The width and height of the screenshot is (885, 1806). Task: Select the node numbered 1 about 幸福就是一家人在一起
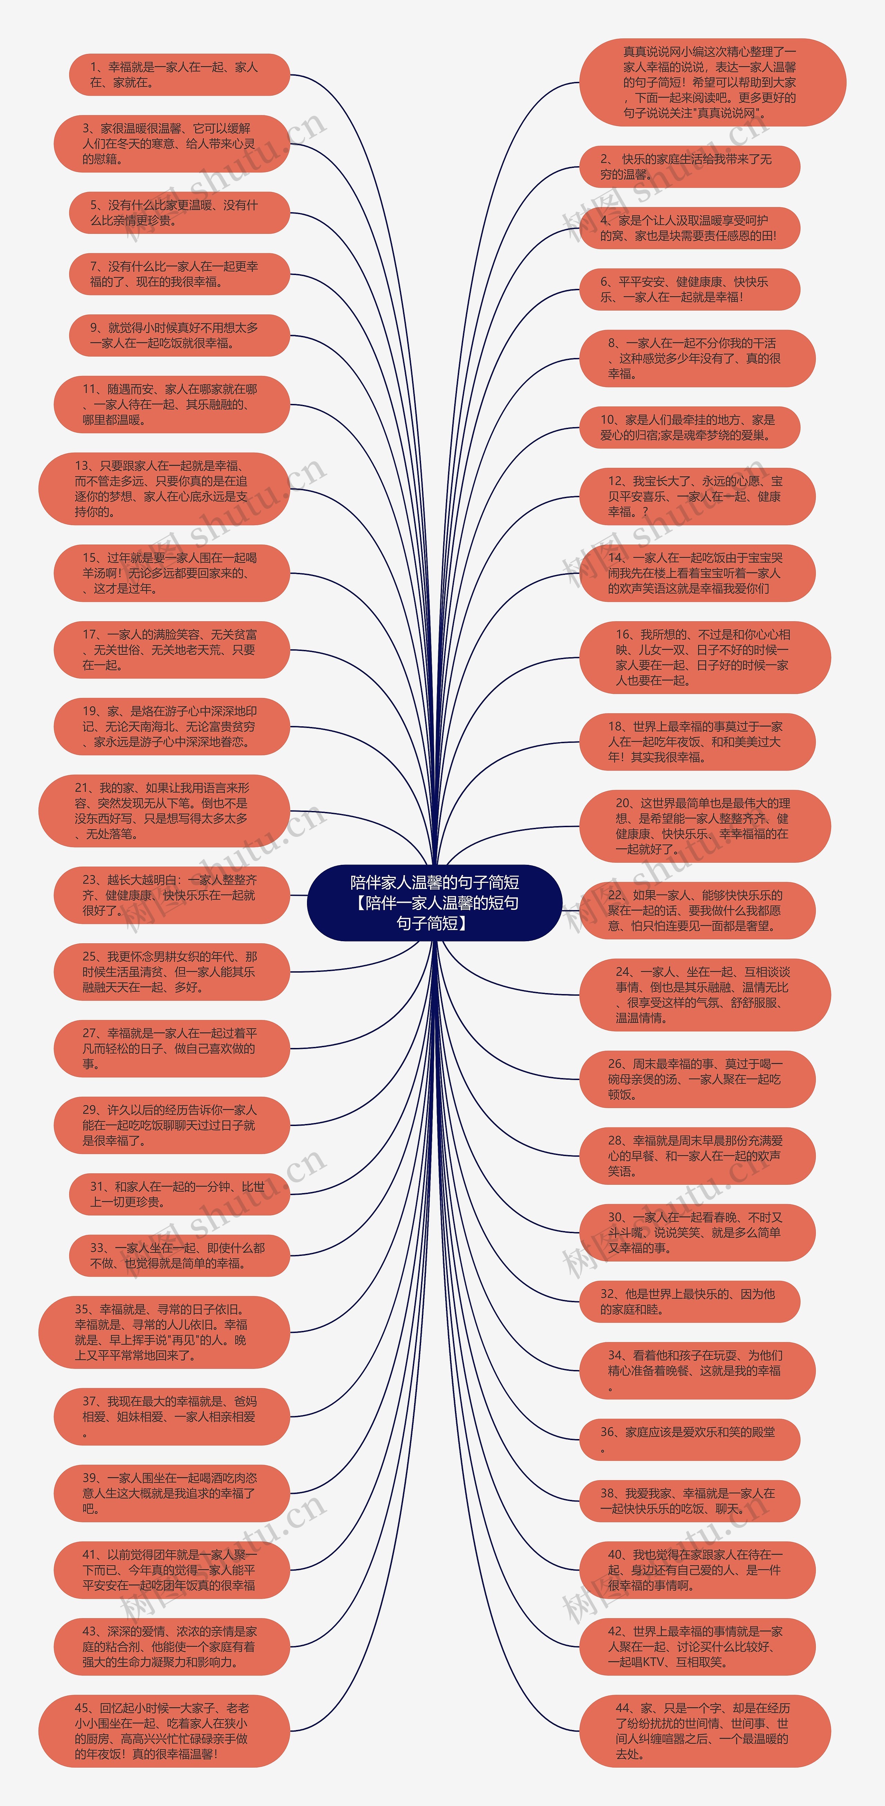179,74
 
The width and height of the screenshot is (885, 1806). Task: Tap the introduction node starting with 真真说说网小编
712,82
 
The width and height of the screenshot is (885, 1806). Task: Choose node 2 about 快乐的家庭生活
689,167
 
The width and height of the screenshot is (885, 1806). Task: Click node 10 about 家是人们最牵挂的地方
689,428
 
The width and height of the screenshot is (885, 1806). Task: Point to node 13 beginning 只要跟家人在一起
164,489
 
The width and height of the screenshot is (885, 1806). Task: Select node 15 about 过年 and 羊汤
171,573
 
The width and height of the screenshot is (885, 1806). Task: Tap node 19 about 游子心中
171,726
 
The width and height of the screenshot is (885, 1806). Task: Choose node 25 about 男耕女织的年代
171,972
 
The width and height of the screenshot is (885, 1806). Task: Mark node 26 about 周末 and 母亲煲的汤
697,1079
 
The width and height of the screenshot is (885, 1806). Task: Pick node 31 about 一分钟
179,1194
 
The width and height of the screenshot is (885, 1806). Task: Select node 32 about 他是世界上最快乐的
689,1302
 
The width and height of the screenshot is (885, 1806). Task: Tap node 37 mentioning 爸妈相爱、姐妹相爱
171,1417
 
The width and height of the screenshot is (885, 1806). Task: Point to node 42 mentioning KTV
697,1647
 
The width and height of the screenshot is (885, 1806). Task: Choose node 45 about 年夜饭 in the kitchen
164,1731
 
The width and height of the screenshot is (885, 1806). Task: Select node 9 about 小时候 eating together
179,335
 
